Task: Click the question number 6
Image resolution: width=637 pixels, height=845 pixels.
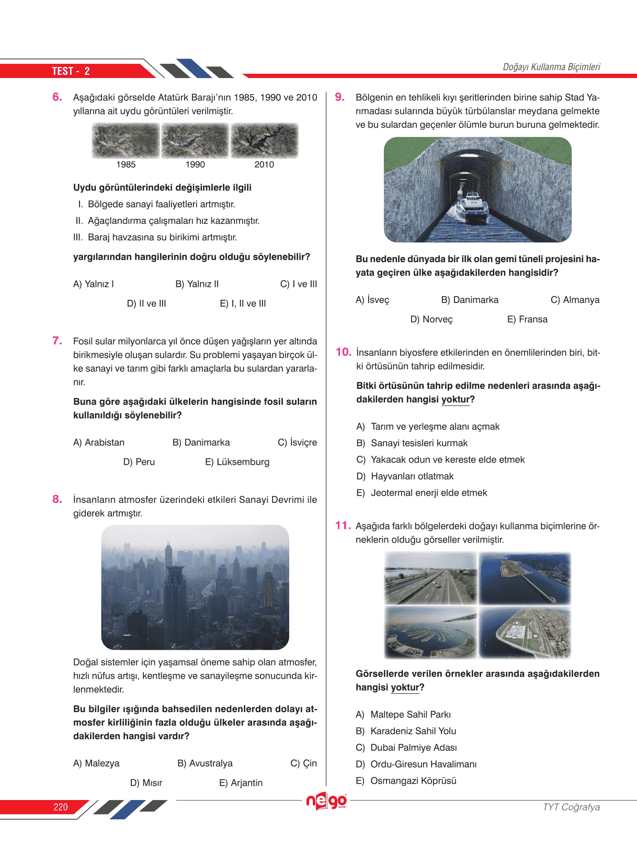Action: [57, 97]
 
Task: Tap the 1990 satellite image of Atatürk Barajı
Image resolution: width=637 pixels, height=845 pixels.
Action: [195, 141]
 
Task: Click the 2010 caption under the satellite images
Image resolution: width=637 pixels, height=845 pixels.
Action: [264, 164]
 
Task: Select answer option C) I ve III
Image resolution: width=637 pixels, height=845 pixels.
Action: [298, 284]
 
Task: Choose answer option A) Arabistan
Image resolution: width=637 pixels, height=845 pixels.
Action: [99, 443]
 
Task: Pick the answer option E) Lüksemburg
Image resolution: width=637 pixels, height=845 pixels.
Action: [237, 462]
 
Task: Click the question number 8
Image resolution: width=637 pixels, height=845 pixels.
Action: [57, 499]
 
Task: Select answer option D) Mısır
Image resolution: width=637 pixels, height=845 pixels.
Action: [146, 783]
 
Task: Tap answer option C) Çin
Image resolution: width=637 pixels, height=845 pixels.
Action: [303, 763]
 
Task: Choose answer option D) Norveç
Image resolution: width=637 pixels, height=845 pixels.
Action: [431, 319]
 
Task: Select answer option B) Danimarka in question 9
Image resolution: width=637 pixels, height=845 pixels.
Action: [470, 300]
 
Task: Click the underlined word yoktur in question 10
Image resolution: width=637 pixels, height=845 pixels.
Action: [456, 399]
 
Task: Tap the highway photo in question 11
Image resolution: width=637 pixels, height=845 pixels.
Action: [430, 578]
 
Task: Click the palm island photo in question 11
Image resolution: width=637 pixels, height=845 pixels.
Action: [430, 633]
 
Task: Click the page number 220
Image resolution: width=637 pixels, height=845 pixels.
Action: [61, 807]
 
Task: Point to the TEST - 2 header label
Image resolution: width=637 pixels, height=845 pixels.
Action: [71, 71]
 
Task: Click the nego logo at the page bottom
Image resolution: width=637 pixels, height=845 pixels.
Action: [326, 801]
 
